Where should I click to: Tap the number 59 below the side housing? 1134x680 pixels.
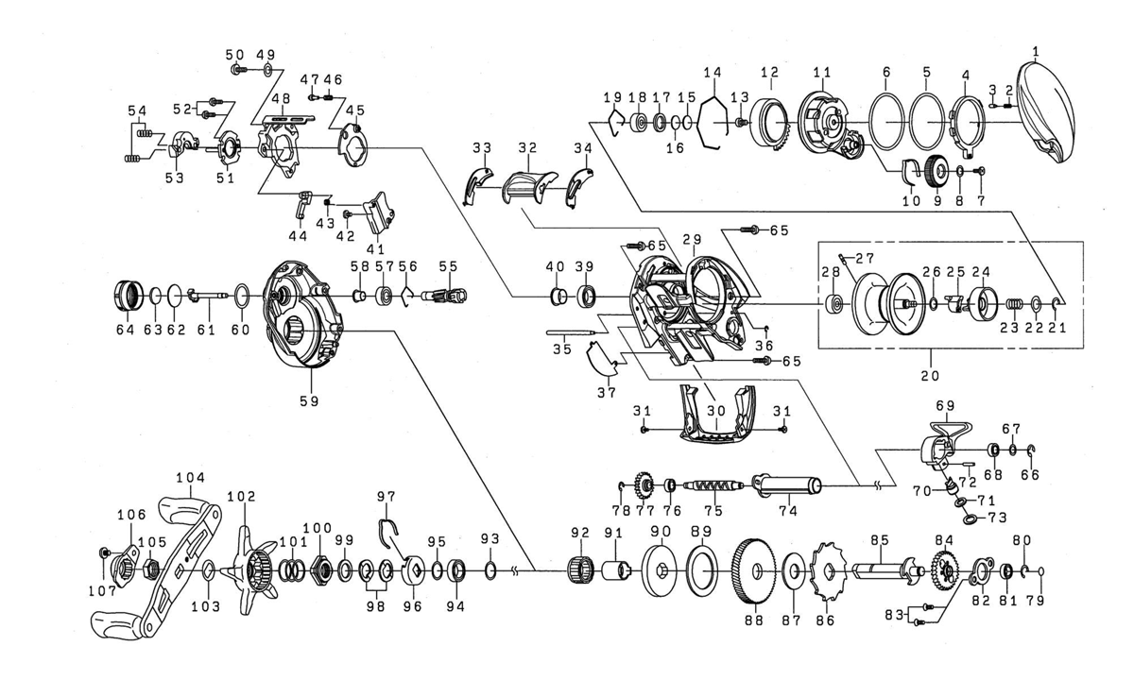tap(309, 401)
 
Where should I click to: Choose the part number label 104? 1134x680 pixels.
tap(196, 479)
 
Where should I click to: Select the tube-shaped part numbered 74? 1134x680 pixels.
tap(788, 487)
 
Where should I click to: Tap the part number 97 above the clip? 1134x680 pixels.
tap(387, 497)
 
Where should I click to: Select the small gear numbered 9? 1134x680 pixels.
tap(936, 173)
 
